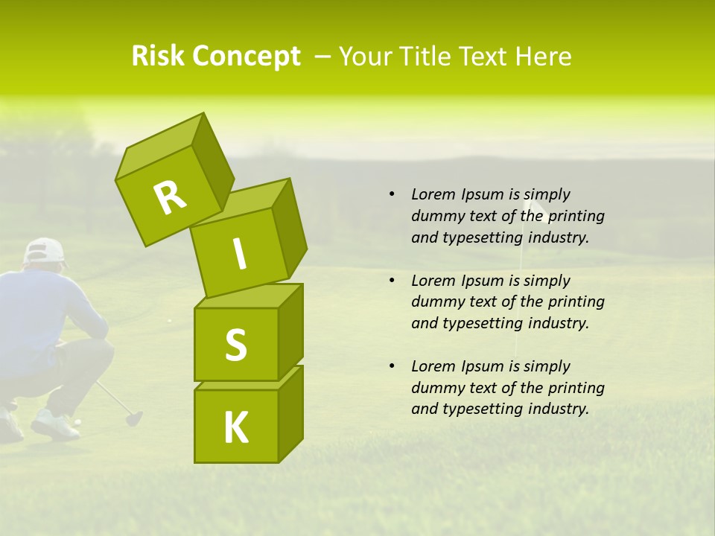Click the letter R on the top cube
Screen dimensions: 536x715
[x=170, y=198]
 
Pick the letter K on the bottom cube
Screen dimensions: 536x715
[x=236, y=427]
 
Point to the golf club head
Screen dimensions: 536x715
[x=134, y=418]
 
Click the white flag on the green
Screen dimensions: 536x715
[x=533, y=208]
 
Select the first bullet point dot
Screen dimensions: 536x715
[x=392, y=194]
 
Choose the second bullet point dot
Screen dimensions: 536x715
[x=392, y=281]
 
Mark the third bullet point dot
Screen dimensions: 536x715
[x=392, y=366]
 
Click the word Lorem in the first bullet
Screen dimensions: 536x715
[x=433, y=194]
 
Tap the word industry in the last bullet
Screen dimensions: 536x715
[x=559, y=409]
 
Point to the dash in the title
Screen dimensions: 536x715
[x=323, y=57]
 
